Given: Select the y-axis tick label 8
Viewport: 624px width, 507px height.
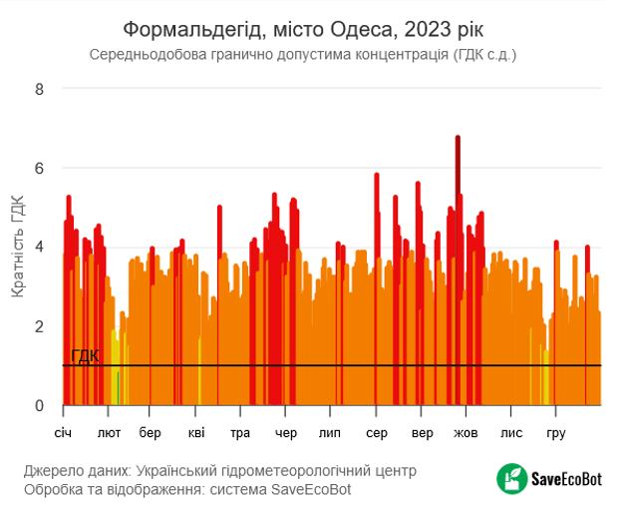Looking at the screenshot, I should tap(40, 89).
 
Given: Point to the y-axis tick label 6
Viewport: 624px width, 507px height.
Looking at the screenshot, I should tap(40, 168).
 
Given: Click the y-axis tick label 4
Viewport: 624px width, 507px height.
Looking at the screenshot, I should tap(40, 248).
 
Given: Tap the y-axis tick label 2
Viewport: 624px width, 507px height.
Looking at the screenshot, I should tap(40, 326).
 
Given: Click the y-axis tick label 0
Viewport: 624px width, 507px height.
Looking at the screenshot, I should tap(40, 406).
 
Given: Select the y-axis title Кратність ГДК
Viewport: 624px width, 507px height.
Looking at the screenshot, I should tap(17, 247).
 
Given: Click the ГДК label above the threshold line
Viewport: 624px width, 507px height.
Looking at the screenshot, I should tap(85, 356).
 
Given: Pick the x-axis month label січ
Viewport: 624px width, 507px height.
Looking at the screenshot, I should tap(64, 434).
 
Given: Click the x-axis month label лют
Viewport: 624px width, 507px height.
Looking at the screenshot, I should tap(109, 434).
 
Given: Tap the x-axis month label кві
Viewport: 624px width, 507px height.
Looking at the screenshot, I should tap(195, 434).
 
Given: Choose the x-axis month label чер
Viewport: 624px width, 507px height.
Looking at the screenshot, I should tap(285, 434).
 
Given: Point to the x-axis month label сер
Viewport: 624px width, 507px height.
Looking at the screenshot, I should tap(377, 434).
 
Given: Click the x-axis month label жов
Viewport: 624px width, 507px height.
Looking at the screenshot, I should tap(467, 434).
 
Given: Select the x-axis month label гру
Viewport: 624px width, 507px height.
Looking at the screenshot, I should tap(556, 434).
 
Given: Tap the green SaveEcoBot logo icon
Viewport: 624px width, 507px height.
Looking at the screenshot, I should tap(512, 479).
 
